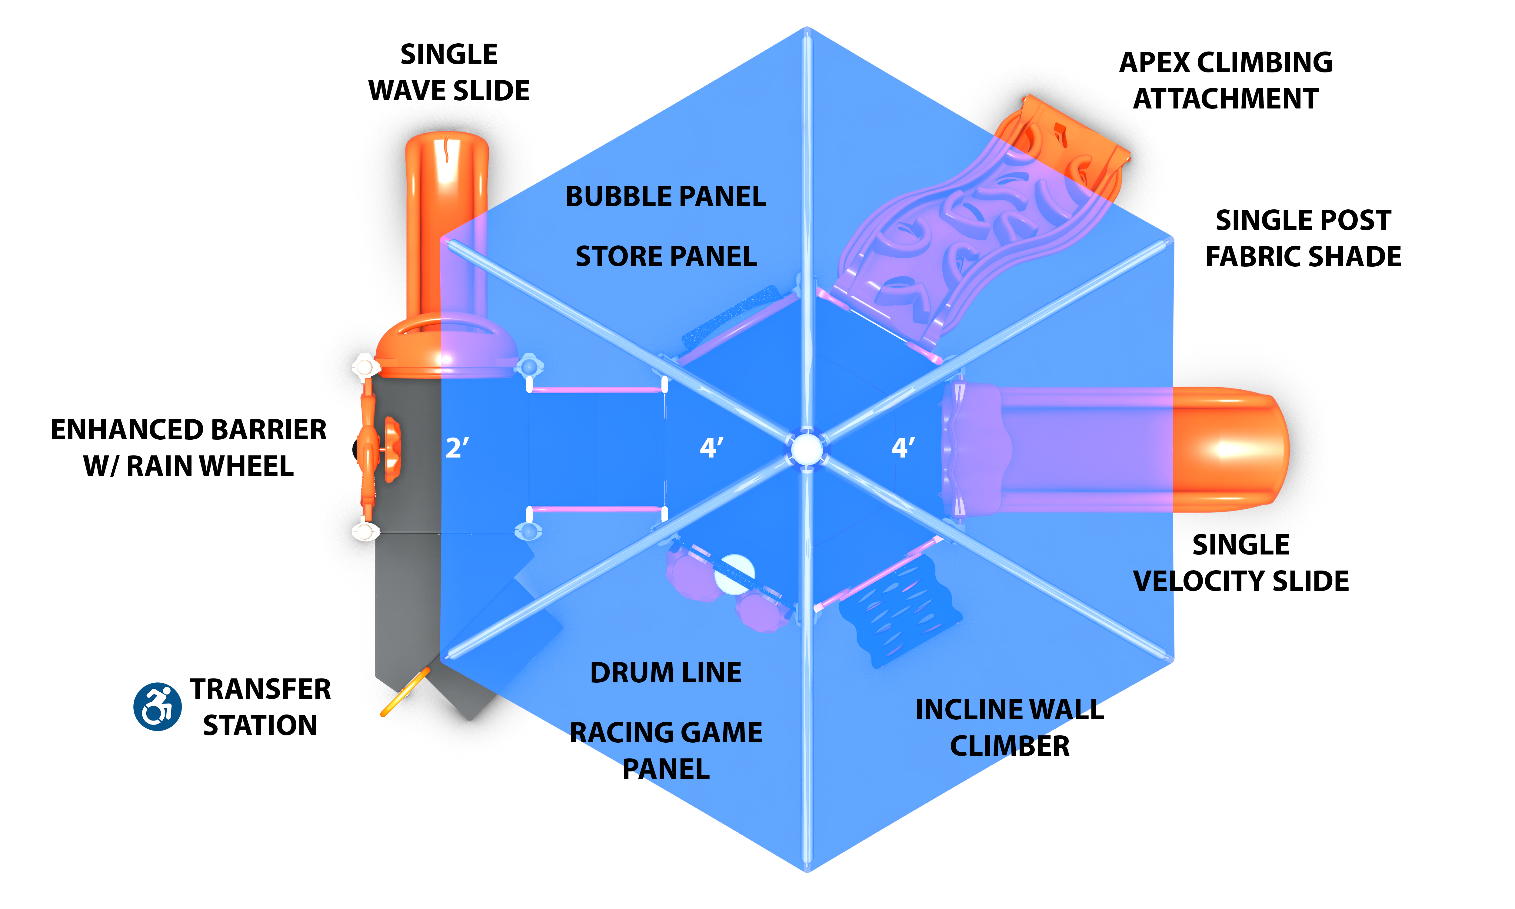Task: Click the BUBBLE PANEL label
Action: [666, 197]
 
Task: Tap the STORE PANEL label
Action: [666, 256]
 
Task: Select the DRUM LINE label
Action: [666, 673]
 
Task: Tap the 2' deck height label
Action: [457, 448]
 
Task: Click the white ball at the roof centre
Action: [807, 449]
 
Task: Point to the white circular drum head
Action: [735, 574]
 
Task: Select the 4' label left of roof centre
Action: [711, 448]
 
